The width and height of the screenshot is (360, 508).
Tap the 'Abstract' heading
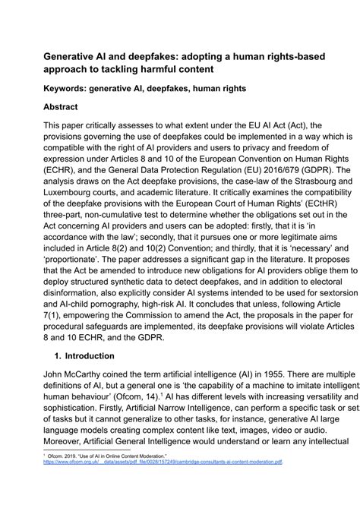[x=65, y=108]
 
